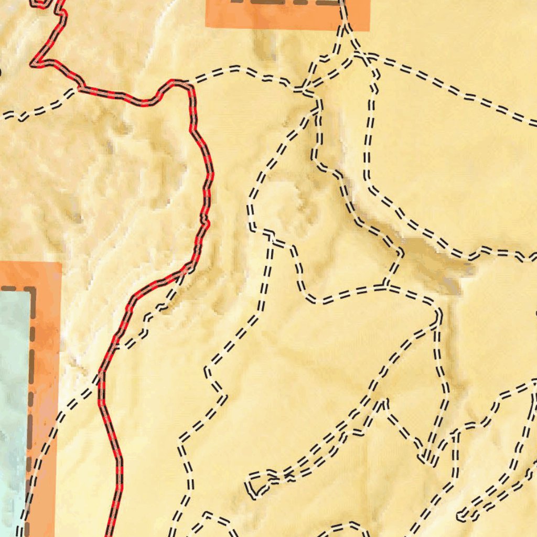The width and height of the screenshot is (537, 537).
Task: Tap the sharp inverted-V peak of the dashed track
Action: point(385,403)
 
